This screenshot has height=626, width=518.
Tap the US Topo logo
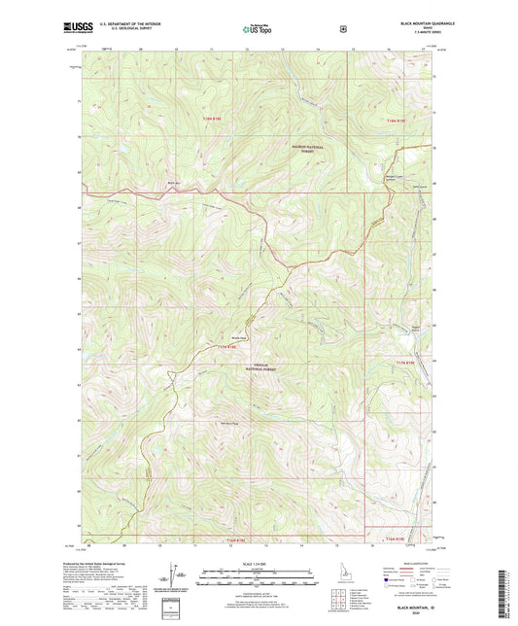tap(259, 30)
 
